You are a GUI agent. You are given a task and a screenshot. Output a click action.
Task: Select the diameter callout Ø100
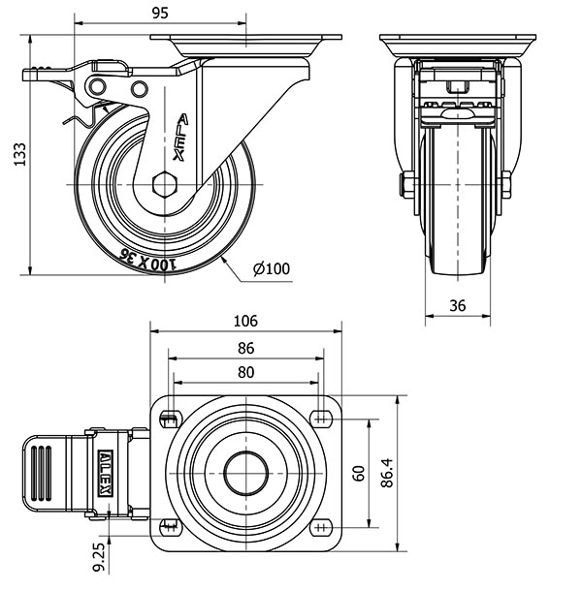click(x=272, y=268)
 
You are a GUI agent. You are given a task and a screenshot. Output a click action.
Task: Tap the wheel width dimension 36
click(x=459, y=305)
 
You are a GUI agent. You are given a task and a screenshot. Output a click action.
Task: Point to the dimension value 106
click(x=245, y=322)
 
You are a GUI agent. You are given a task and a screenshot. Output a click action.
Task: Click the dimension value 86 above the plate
click(x=245, y=347)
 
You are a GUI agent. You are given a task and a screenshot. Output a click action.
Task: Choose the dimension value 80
click(x=245, y=372)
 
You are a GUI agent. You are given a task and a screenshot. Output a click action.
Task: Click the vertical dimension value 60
click(x=358, y=474)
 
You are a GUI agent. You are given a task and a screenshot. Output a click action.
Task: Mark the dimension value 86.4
click(x=387, y=474)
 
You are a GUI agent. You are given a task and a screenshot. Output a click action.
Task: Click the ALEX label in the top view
click(x=105, y=473)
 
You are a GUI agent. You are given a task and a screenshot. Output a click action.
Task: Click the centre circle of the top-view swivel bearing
click(x=245, y=474)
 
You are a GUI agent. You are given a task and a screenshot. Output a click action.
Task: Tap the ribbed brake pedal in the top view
click(x=45, y=473)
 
